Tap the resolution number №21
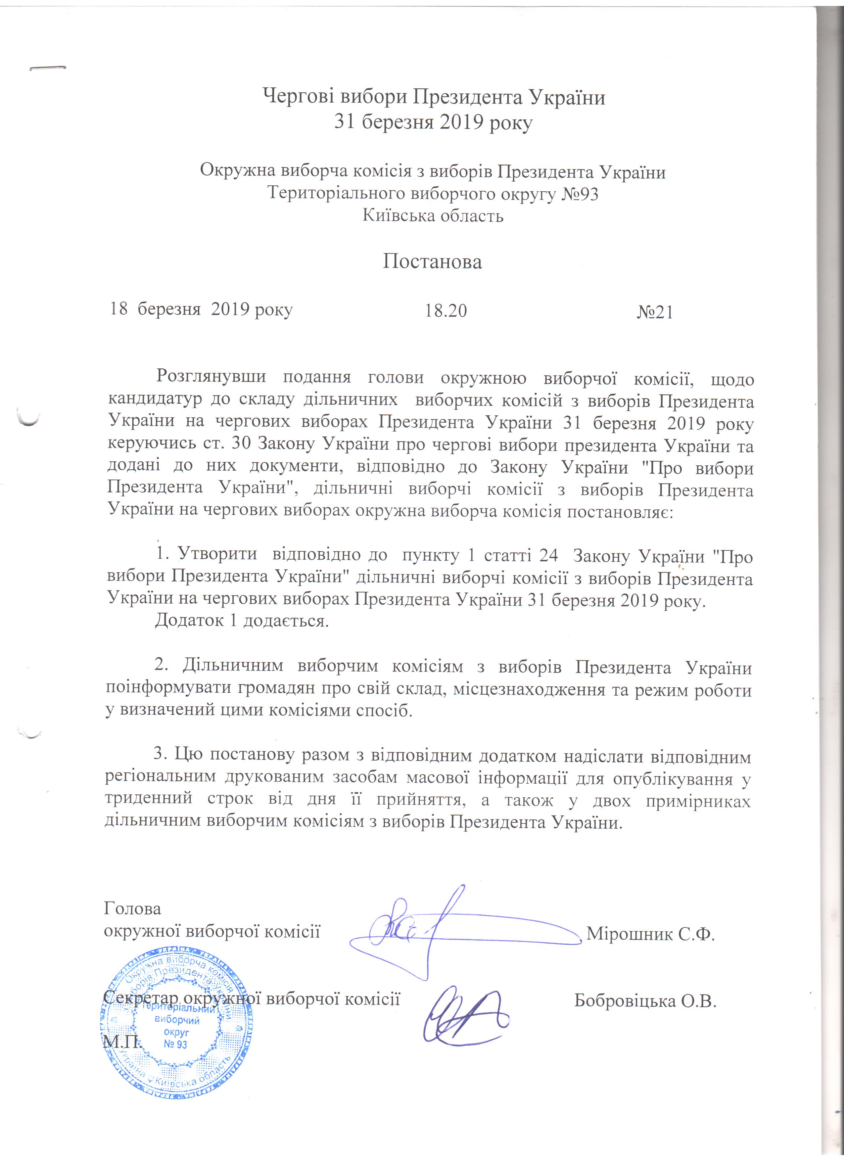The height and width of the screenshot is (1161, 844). point(655,312)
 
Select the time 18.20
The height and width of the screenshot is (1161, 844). point(446,310)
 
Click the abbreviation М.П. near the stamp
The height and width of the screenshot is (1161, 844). point(122,1042)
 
